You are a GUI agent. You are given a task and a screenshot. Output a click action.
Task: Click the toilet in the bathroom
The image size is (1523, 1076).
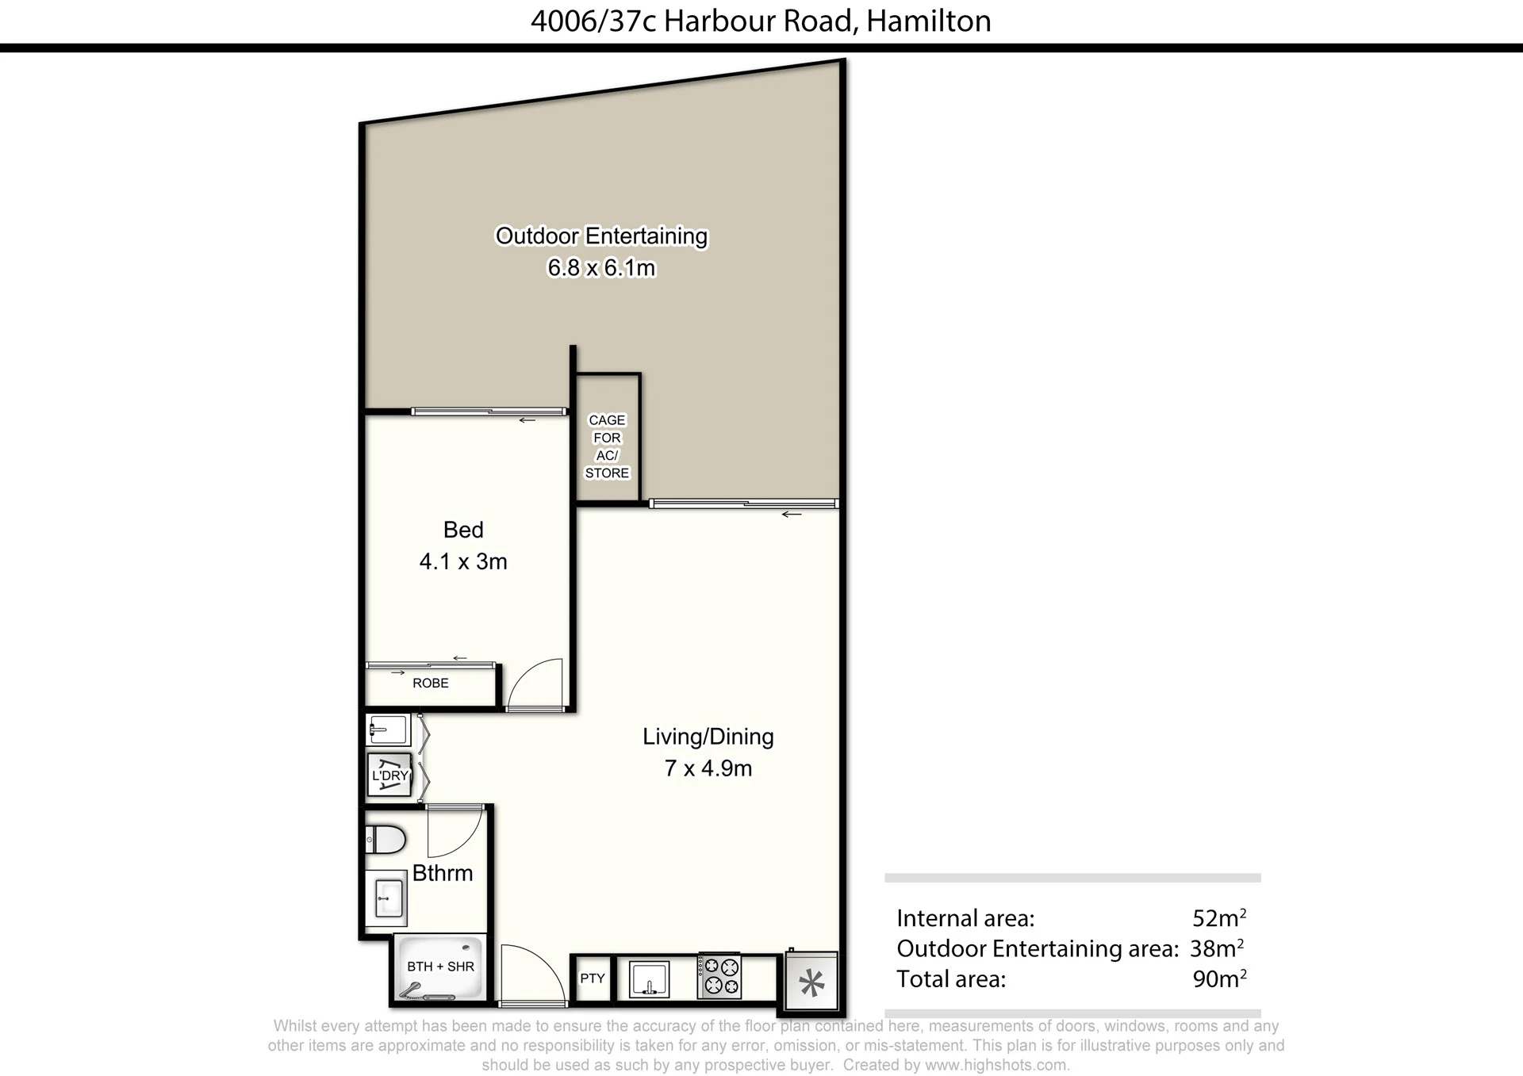pyautogui.click(x=386, y=839)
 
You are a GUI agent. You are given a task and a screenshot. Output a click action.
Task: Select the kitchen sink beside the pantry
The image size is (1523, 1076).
pyautogui.click(x=649, y=979)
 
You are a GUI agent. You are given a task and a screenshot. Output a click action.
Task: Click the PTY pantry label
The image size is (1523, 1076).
pyautogui.click(x=593, y=978)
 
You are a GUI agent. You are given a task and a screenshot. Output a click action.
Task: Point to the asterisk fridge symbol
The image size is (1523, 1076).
pyautogui.click(x=811, y=983)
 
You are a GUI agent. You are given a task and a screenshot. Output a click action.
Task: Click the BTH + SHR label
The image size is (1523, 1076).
pyautogui.click(x=440, y=967)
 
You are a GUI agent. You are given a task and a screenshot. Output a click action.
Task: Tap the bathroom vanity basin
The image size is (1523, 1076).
pyautogui.click(x=387, y=898)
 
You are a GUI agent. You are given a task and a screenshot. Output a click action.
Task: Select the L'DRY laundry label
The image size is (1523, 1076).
pyautogui.click(x=390, y=775)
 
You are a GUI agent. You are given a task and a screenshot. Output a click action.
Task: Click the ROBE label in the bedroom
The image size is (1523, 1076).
pyautogui.click(x=431, y=683)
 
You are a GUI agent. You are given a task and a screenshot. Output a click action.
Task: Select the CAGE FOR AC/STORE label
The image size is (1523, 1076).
pyautogui.click(x=607, y=446)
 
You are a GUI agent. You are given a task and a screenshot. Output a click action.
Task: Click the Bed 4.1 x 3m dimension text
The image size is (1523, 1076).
pyautogui.click(x=463, y=561)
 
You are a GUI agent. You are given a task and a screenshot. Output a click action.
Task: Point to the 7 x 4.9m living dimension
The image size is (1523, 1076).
pyautogui.click(x=708, y=768)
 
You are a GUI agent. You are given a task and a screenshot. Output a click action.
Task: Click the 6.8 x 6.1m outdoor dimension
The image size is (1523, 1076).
pyautogui.click(x=601, y=268)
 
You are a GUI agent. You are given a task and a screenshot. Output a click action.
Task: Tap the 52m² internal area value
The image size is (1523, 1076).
pyautogui.click(x=1219, y=917)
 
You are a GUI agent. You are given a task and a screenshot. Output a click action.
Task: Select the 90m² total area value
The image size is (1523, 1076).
pyautogui.click(x=1219, y=978)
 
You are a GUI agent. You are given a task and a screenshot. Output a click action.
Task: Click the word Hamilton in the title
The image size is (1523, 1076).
pyautogui.click(x=929, y=21)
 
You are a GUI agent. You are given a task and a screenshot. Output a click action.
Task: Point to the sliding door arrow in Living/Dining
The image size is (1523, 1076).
pyautogui.click(x=792, y=515)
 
